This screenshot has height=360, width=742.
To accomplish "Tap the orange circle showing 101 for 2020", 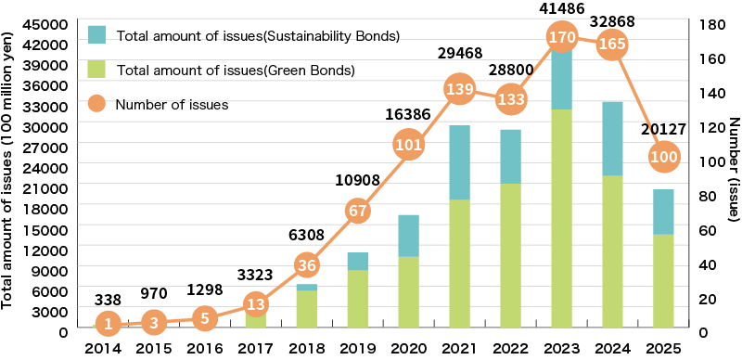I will (409, 145).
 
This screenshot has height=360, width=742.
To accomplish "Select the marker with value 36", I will (308, 265).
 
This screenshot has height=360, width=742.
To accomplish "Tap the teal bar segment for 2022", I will (509, 156).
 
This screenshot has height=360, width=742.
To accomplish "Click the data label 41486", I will (559, 7).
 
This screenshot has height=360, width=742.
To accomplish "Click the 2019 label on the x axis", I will (358, 350).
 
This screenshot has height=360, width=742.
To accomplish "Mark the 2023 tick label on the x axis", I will (559, 350).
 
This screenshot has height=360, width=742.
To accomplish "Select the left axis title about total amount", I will (8, 176).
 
